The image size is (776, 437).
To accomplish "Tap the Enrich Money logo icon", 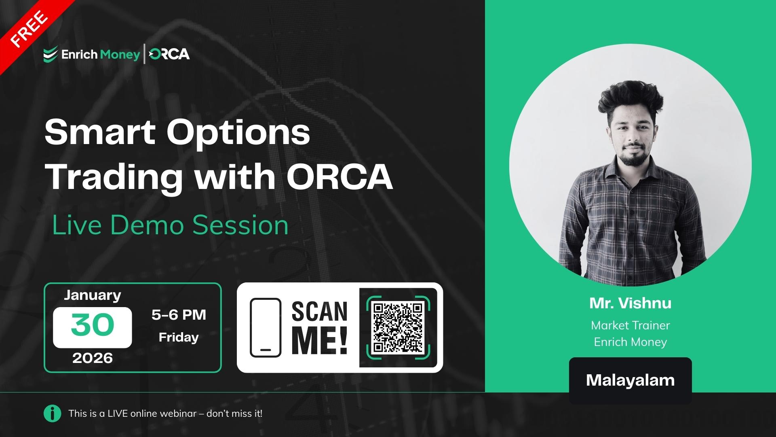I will (x=51, y=55).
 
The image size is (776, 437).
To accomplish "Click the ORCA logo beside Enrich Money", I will (x=169, y=54).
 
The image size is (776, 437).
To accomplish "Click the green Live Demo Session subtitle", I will (x=170, y=225).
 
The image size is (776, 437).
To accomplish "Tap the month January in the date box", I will (x=93, y=295).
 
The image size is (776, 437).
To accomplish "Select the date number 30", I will (x=93, y=325).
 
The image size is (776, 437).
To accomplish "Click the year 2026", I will (x=93, y=358).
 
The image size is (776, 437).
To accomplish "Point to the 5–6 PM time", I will (x=179, y=315).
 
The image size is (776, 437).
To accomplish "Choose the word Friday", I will (x=179, y=337).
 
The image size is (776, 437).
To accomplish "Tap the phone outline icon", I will (x=266, y=328).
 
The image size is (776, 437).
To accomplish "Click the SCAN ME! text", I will (x=319, y=328).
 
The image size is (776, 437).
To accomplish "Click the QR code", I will (x=398, y=327).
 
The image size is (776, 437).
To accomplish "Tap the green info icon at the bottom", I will (x=53, y=414).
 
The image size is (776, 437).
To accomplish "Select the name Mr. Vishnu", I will (x=630, y=303).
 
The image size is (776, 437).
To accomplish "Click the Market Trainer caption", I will (x=630, y=325).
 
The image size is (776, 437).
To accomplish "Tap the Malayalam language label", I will (x=630, y=380).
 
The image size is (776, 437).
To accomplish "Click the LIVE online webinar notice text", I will (x=165, y=414).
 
